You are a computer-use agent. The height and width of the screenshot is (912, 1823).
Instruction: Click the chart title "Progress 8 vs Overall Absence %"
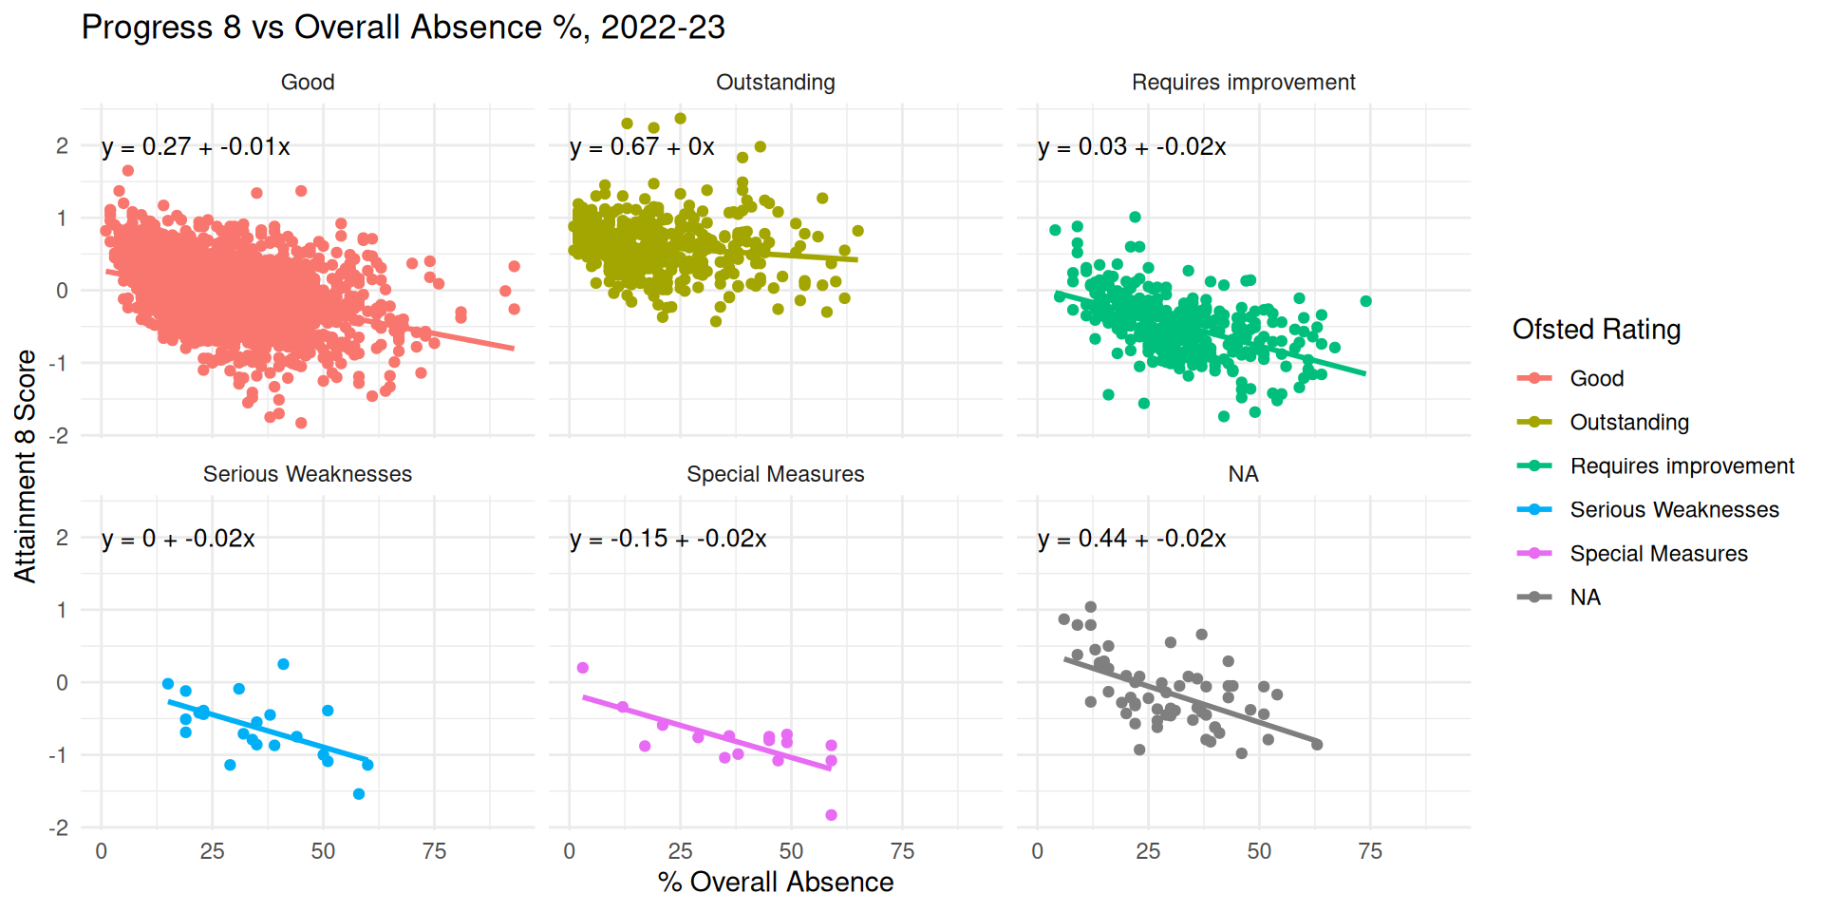(x=403, y=28)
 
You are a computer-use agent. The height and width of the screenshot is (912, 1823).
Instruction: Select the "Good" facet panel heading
(x=308, y=83)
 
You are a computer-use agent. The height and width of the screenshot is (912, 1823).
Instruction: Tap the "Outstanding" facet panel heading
(x=775, y=83)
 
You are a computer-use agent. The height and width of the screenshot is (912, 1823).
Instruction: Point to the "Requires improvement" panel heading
(x=1243, y=83)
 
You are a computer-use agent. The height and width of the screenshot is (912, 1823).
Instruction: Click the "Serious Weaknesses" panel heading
(x=308, y=474)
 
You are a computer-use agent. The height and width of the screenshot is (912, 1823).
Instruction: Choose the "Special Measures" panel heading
(x=775, y=474)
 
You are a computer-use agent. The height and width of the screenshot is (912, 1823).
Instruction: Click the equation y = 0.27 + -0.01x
(x=196, y=147)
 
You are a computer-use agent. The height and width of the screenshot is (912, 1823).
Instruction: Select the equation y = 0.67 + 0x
(x=642, y=147)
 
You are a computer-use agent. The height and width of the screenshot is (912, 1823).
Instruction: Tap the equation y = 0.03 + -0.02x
(x=1132, y=147)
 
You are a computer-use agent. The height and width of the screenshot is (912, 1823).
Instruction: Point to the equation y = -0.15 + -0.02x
(x=667, y=539)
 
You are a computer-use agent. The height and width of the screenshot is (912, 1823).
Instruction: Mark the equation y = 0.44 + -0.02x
(x=1132, y=539)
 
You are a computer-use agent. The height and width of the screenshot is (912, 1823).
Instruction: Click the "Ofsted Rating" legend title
(x=1596, y=330)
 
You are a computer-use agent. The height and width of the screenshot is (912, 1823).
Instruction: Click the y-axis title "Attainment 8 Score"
(x=26, y=465)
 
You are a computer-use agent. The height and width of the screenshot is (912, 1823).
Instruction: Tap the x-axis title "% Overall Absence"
(x=775, y=882)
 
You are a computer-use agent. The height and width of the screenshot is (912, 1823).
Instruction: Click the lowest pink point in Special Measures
(x=831, y=815)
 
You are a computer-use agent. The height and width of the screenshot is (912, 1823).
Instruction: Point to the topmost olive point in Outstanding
(x=681, y=119)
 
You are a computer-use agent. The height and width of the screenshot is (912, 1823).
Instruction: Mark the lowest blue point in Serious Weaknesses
(x=359, y=794)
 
